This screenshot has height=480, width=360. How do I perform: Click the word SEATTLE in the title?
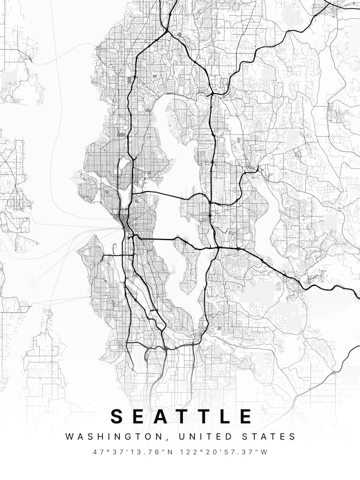click(182, 416)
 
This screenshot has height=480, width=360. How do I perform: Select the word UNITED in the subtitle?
click(202, 437)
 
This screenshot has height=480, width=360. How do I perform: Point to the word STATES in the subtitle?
click(269, 437)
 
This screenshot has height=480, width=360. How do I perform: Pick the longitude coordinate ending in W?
click(223, 452)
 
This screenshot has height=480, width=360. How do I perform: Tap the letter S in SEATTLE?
click(118, 416)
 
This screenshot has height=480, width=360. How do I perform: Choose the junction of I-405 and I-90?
click(217, 248)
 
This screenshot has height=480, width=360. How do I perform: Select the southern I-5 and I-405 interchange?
click(164, 347)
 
